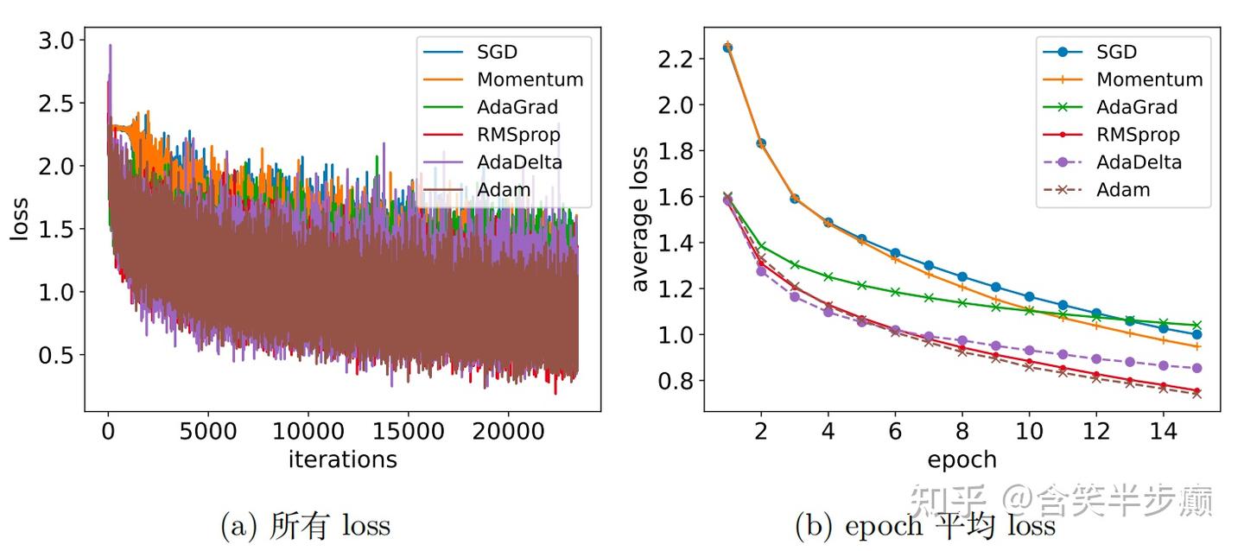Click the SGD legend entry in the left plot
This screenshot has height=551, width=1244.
(x=496, y=52)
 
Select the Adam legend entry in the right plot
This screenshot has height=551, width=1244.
(x=1123, y=189)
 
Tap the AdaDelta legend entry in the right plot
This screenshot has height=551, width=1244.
(x=1139, y=161)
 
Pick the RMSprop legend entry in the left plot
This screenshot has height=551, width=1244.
(x=517, y=135)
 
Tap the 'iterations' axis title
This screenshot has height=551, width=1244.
(x=342, y=459)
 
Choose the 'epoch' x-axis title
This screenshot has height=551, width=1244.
(x=962, y=459)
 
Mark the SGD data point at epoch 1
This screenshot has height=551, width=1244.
(x=727, y=47)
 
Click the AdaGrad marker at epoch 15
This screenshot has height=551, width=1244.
(x=1196, y=325)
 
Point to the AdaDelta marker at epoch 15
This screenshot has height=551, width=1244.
(x=1196, y=368)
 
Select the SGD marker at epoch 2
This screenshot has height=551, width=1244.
(x=761, y=143)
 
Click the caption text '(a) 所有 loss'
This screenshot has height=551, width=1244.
(x=306, y=525)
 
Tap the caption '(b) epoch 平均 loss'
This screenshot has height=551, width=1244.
(x=925, y=525)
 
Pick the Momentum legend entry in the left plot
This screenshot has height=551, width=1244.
(x=530, y=79)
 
